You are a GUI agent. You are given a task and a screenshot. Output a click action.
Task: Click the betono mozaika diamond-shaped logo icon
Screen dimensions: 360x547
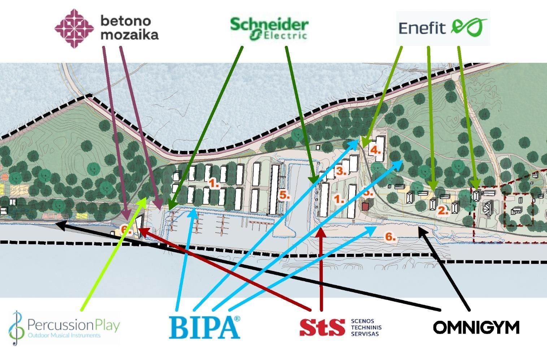click(x=74, y=28)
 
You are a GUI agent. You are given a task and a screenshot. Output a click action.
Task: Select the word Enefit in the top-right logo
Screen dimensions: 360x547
click(x=422, y=28)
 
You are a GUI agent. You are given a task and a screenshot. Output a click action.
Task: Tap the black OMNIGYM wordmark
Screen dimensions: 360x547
click(x=476, y=328)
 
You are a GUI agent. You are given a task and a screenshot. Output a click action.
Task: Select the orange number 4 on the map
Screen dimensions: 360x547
click(x=375, y=150)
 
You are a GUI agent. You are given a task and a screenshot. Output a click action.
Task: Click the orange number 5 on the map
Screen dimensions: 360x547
click(x=285, y=195)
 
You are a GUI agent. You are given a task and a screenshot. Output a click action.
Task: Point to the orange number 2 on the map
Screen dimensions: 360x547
click(x=443, y=210)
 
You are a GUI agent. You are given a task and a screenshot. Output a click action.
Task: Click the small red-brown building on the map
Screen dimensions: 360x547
click(x=366, y=206)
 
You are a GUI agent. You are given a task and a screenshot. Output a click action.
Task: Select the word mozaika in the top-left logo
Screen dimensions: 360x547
click(x=129, y=35)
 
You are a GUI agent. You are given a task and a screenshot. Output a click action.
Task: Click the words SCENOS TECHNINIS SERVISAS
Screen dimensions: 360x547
click(x=366, y=328)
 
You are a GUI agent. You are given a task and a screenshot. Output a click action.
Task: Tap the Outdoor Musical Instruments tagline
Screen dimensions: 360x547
click(x=64, y=335)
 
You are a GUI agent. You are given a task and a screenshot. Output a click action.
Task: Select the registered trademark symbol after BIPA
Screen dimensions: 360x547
click(x=237, y=318)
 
